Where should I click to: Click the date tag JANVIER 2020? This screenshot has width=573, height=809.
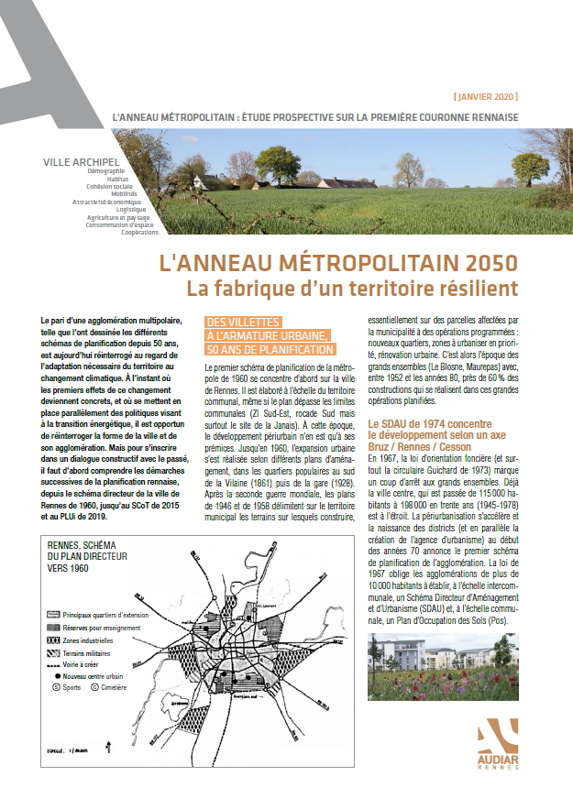tap(485, 96)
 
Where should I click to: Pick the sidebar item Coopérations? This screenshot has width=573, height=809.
tap(139, 233)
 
